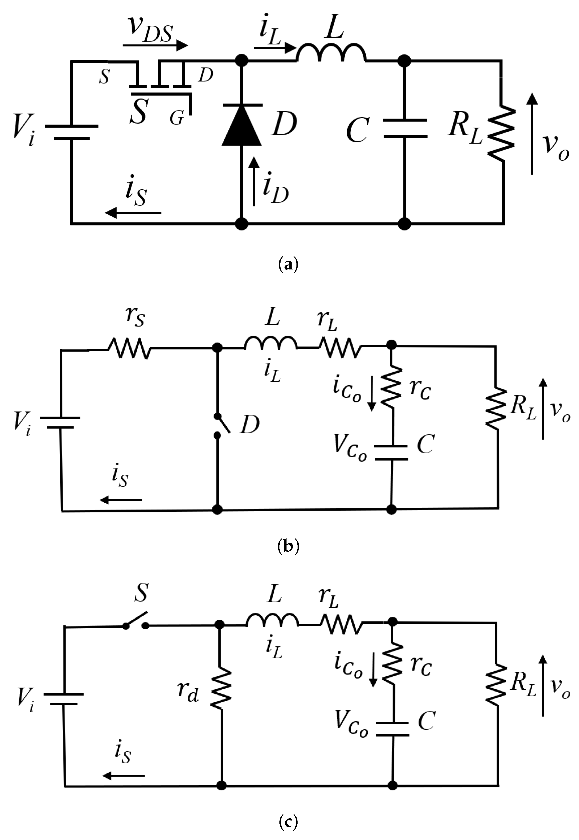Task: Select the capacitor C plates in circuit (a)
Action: coord(405,128)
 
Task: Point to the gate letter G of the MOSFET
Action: coord(177,118)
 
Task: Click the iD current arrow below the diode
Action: coord(254,181)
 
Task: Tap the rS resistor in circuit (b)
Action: coord(129,348)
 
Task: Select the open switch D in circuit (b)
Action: coord(222,425)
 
